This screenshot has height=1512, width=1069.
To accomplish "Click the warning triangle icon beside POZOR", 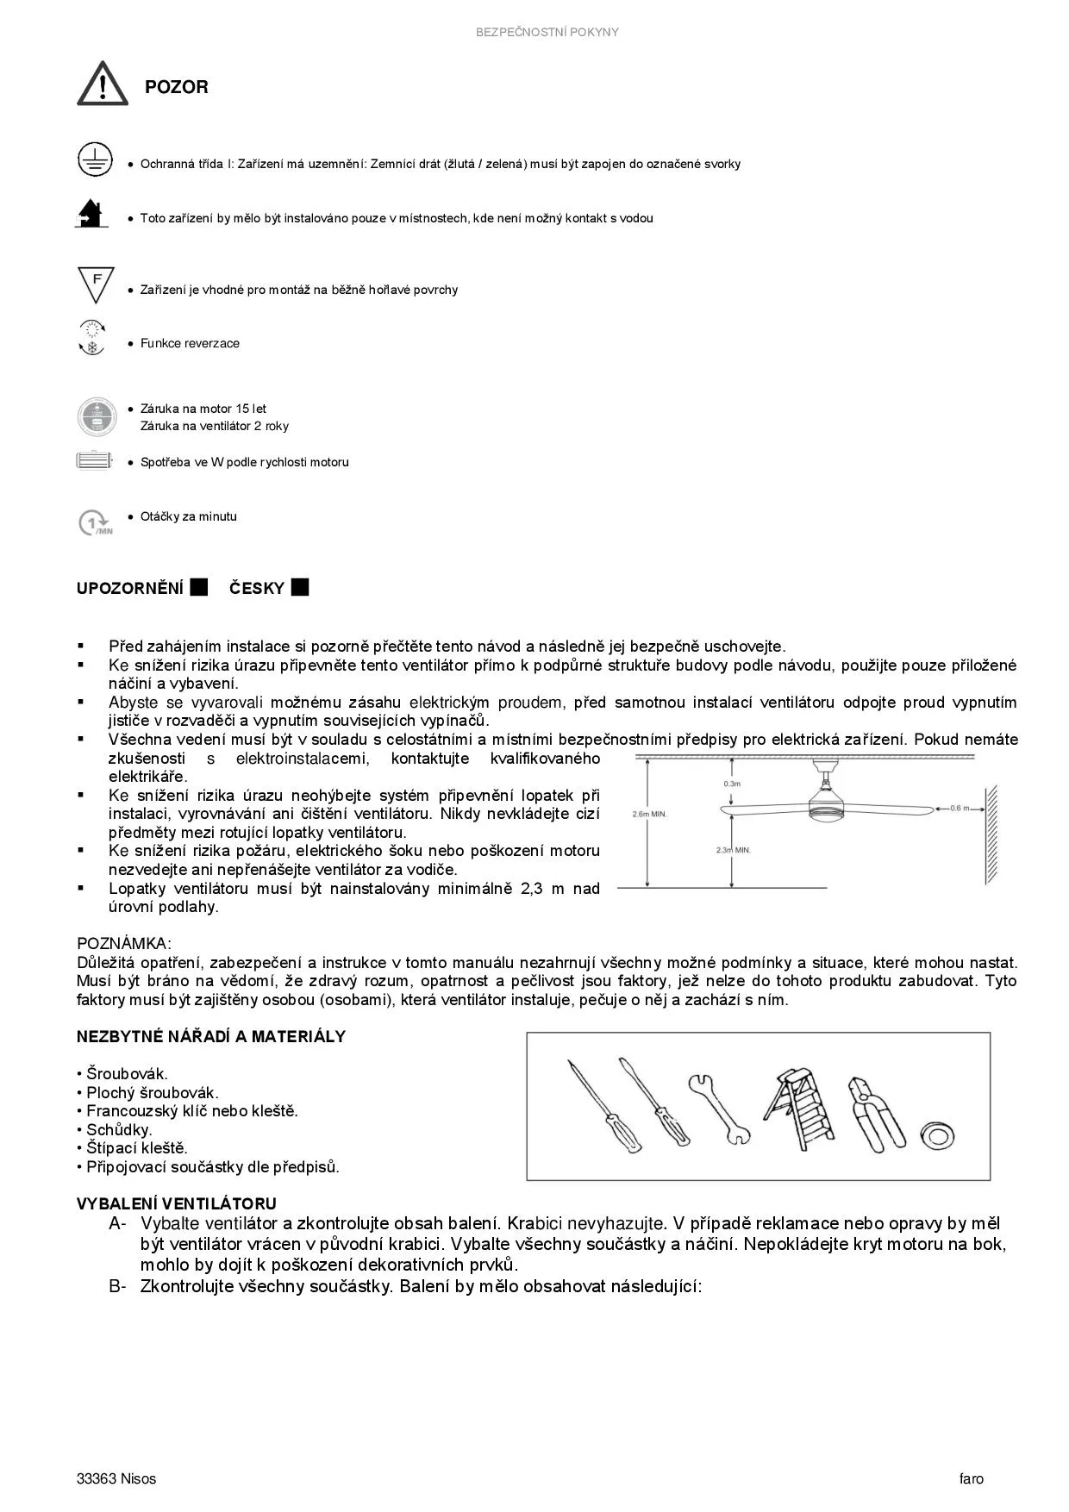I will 103,84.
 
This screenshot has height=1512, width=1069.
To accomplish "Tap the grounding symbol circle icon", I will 95,160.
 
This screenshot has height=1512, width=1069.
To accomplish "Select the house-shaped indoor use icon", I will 91,214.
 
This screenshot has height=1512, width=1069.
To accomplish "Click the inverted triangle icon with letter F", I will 96,284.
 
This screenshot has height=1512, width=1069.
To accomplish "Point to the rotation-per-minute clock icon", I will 94,522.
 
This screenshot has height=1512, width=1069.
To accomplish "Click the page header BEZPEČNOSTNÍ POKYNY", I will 547,32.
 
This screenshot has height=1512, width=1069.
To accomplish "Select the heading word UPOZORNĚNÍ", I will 130,589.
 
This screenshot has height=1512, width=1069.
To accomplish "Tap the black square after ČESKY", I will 300,588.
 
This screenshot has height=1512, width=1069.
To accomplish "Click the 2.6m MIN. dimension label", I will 649,814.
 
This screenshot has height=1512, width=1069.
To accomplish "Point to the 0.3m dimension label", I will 732,784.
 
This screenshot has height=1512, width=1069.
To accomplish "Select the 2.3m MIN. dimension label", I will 734,850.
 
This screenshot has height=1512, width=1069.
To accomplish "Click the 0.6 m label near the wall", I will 960,809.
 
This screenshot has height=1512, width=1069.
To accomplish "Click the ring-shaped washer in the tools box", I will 936,1134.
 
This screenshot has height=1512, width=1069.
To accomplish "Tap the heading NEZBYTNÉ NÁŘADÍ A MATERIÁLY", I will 211,1037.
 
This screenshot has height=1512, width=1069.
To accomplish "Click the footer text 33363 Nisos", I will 116,1478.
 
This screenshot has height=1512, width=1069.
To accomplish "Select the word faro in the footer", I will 971,1478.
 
